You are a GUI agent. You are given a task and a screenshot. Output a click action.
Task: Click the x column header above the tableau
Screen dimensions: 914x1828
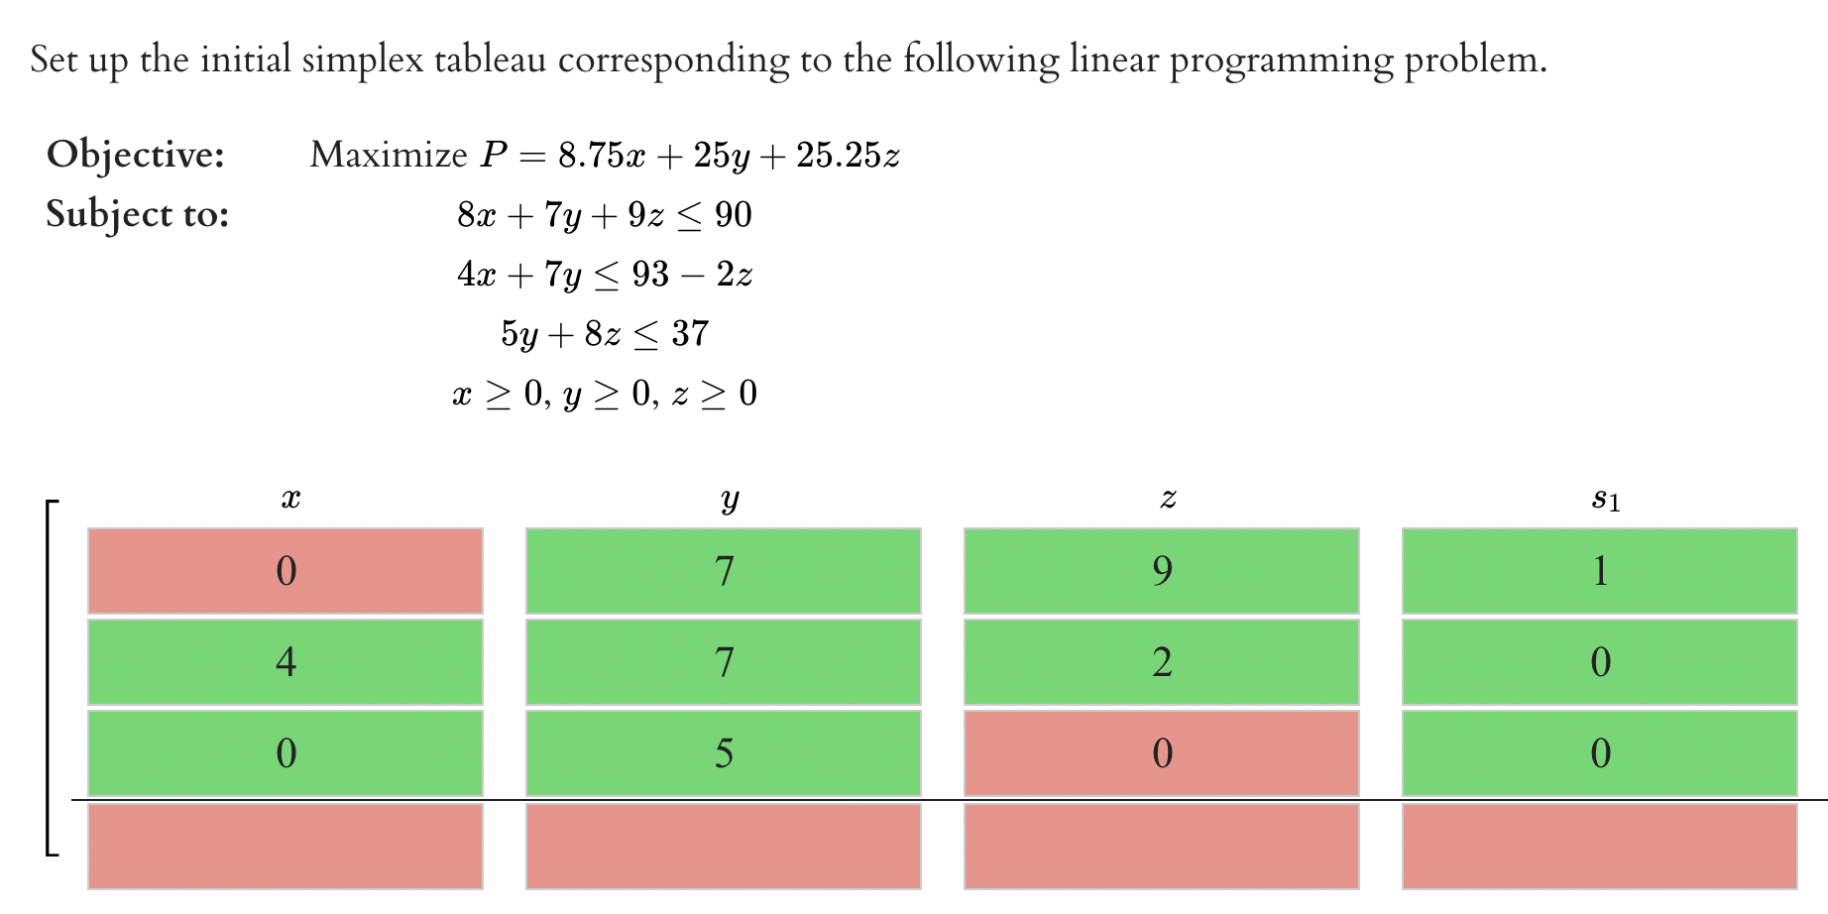click(x=290, y=499)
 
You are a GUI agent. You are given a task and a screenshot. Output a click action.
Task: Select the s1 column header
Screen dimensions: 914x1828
click(x=1605, y=500)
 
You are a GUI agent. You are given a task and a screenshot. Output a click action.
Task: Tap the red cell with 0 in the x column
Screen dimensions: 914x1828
click(x=286, y=571)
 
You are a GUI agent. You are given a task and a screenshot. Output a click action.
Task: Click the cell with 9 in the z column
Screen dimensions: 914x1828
click(x=1161, y=571)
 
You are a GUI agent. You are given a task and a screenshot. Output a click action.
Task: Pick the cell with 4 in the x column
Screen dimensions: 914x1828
click(x=286, y=662)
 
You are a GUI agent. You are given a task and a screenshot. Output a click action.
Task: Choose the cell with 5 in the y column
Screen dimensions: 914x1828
click(x=724, y=753)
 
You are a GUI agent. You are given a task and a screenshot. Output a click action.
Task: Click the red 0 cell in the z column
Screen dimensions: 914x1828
click(x=1161, y=753)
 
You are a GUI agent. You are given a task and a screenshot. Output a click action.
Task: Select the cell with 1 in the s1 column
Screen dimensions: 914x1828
click(x=1599, y=571)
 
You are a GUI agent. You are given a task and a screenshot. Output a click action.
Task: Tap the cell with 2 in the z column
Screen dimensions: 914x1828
click(x=1161, y=662)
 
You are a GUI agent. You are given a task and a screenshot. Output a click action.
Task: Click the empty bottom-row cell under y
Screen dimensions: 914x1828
click(x=724, y=846)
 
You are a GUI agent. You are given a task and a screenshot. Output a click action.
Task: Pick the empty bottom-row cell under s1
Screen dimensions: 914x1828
click(x=1599, y=846)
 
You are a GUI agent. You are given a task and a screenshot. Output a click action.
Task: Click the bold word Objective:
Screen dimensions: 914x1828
click(x=136, y=155)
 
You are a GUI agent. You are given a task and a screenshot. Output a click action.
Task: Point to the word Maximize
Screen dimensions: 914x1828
click(x=388, y=155)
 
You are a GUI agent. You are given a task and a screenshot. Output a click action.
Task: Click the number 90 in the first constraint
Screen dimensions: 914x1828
click(x=733, y=215)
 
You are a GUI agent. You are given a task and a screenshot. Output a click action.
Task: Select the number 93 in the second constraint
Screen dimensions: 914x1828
click(x=650, y=275)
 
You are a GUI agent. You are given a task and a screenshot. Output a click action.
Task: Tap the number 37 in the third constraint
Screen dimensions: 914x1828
click(x=690, y=334)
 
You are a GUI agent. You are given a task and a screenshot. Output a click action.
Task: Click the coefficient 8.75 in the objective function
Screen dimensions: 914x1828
click(x=591, y=156)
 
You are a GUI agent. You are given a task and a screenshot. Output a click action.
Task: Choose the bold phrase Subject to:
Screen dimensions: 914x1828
click(x=138, y=214)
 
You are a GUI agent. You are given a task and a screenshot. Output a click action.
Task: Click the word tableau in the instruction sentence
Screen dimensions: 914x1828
click(x=490, y=59)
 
